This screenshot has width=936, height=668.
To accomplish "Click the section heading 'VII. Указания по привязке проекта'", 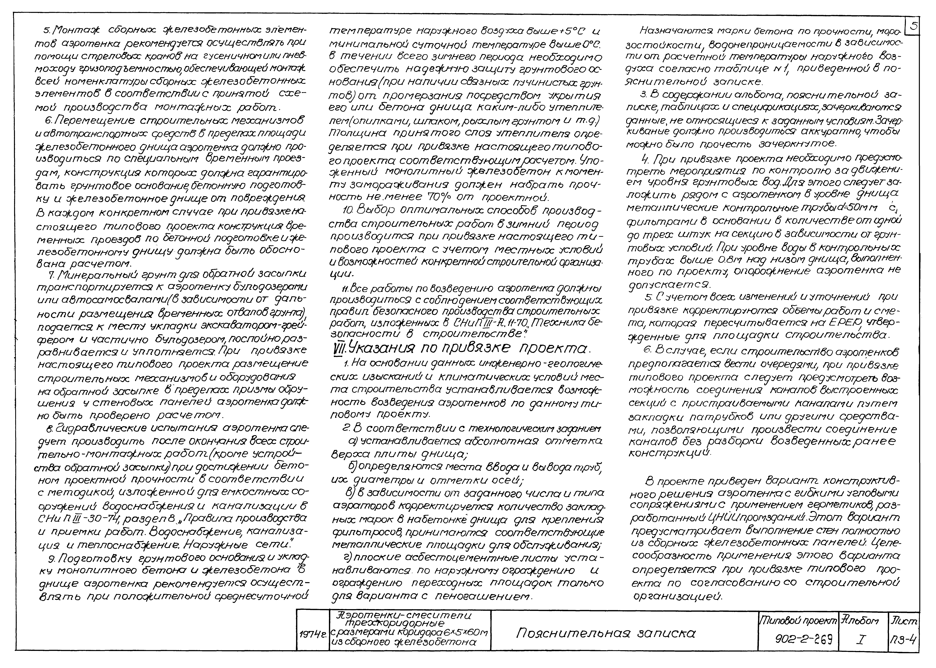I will [x=460, y=349].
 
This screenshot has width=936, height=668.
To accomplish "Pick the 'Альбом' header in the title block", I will [x=860, y=620].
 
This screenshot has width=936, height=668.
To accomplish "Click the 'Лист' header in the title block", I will [x=904, y=620].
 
